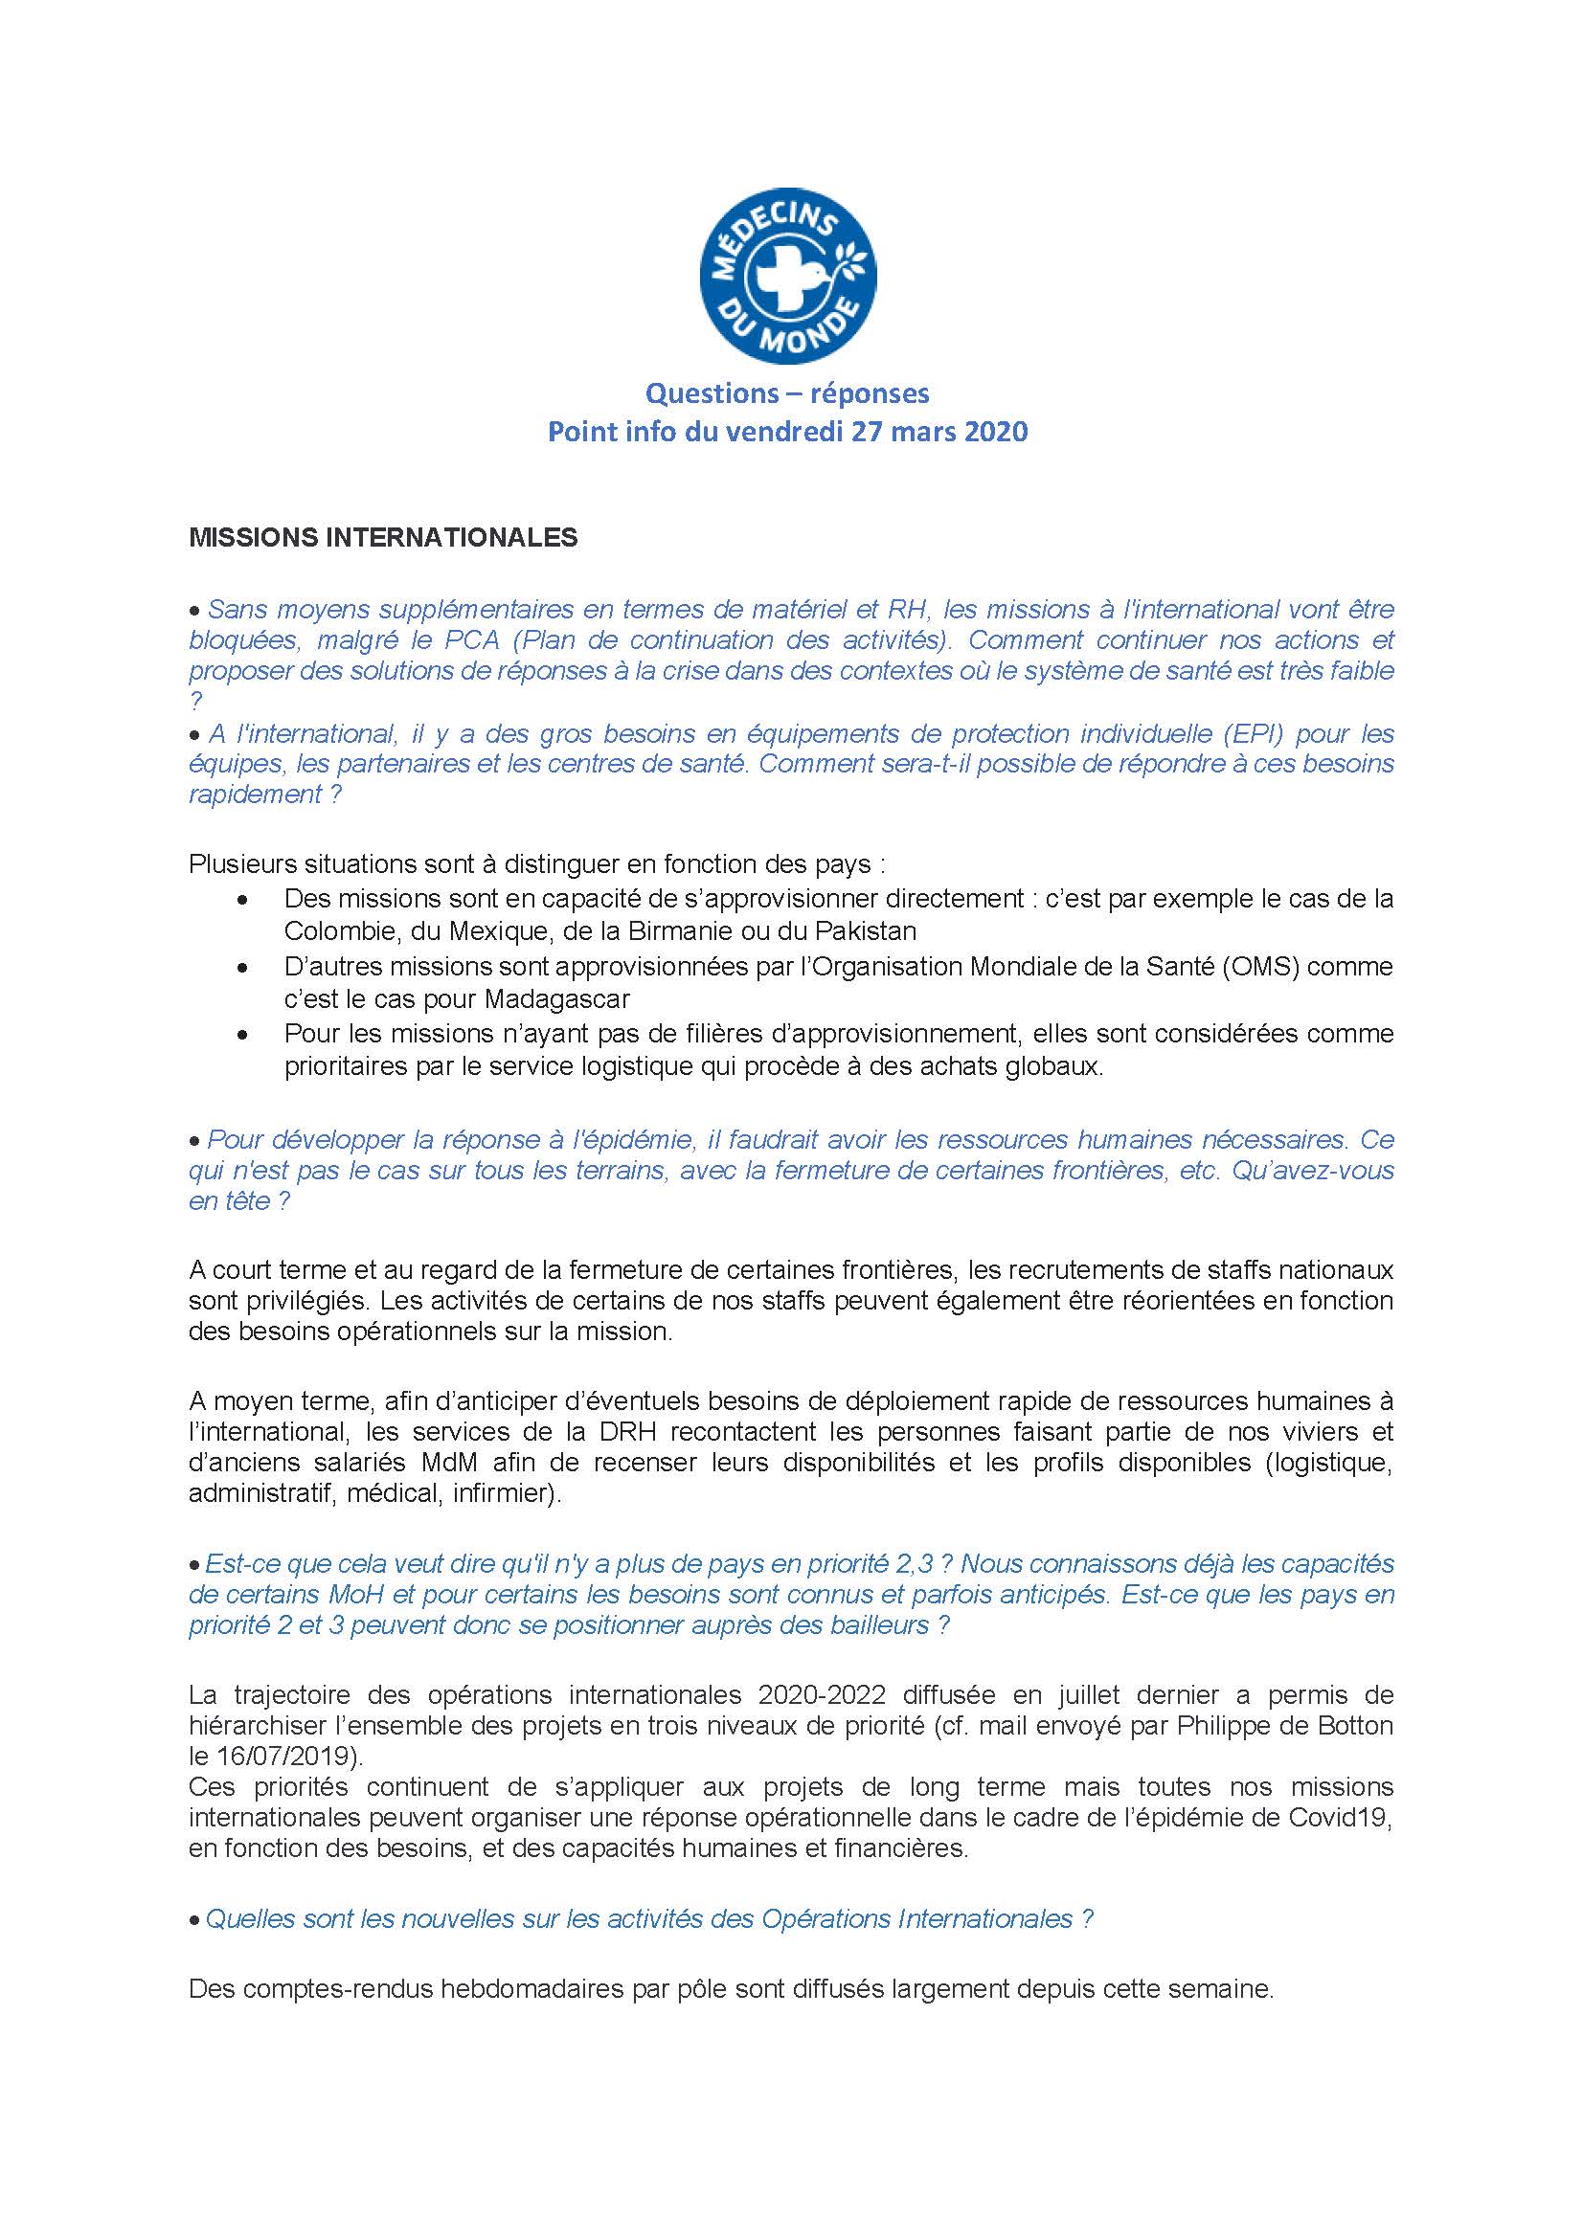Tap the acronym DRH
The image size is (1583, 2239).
(x=613, y=1433)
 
